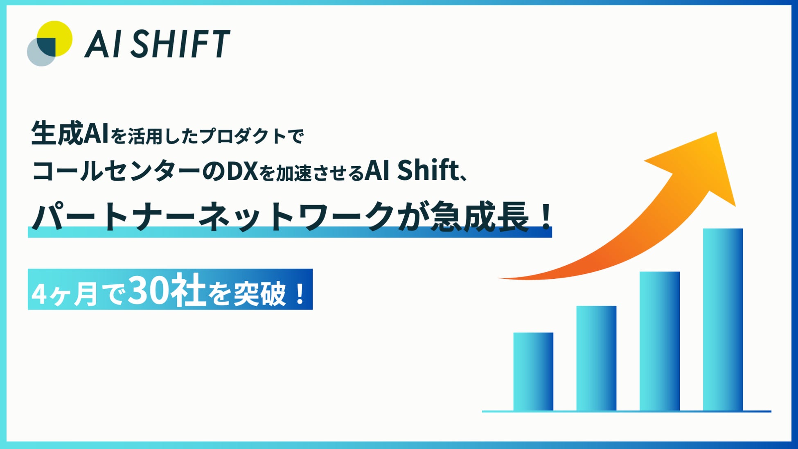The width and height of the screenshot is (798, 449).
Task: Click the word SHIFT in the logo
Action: click(x=180, y=43)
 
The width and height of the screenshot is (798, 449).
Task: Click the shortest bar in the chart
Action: click(x=533, y=371)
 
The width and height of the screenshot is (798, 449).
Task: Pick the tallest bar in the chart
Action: click(x=723, y=319)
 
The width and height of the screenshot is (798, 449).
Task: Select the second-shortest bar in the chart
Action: click(x=596, y=358)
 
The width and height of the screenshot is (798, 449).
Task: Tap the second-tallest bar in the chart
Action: click(x=660, y=341)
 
